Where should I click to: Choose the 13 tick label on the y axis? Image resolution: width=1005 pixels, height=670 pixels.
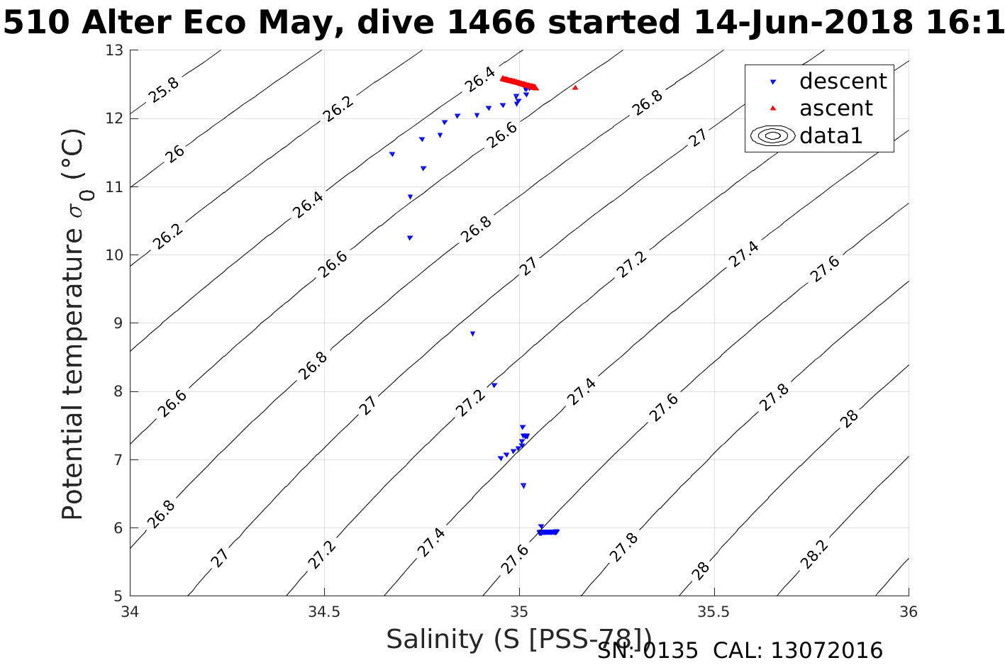[115, 50]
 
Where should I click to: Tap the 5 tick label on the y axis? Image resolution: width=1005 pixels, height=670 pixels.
[118, 596]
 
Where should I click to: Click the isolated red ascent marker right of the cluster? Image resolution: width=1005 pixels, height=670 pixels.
[575, 87]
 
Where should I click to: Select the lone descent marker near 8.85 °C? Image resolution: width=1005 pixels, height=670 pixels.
[472, 333]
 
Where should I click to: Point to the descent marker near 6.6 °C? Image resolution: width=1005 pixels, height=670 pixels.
[523, 486]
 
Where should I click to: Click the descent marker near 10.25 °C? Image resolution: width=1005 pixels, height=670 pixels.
[410, 238]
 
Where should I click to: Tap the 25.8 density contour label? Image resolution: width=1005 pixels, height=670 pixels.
[165, 90]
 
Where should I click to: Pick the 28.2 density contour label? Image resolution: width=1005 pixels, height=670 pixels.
[813, 553]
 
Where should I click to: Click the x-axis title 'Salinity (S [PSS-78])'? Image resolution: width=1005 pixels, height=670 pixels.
[518, 639]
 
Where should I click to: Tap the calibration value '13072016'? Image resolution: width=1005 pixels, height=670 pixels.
[826, 651]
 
